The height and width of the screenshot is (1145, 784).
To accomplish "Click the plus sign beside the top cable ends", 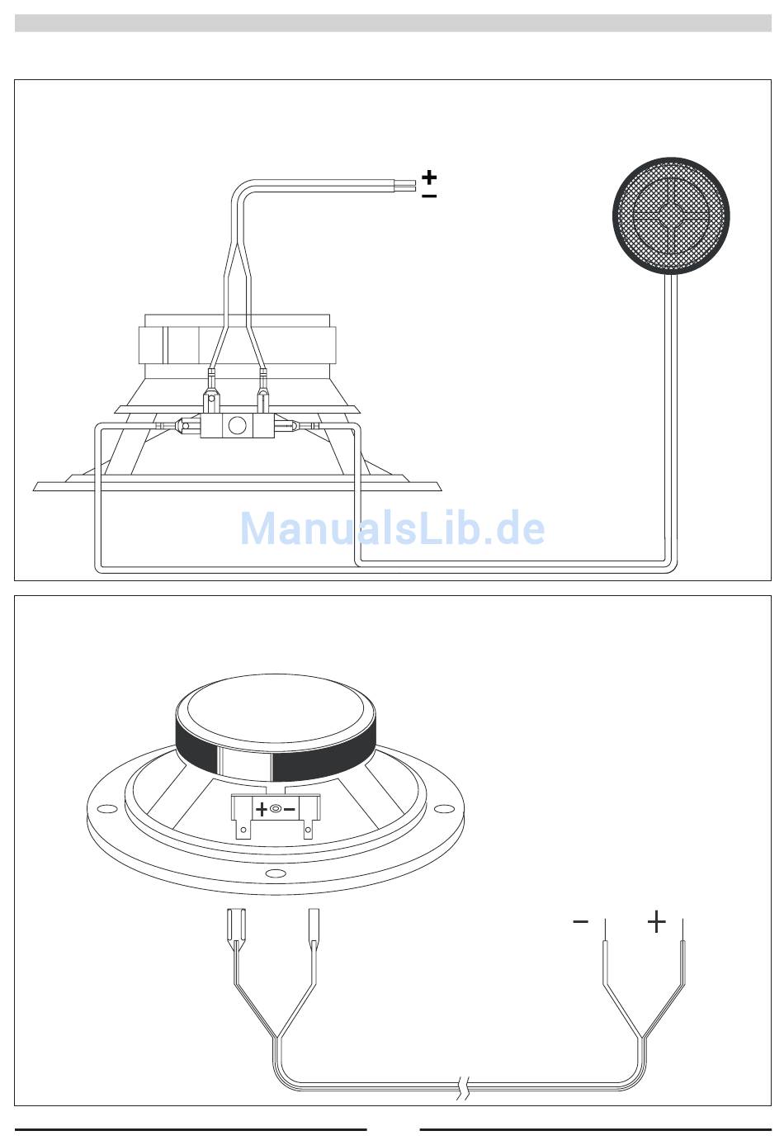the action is click(429, 177).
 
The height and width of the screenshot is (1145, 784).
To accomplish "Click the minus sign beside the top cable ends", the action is click(429, 196).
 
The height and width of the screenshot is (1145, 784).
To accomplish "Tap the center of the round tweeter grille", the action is click(671, 215).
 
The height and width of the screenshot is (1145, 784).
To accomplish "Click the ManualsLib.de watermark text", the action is click(392, 528).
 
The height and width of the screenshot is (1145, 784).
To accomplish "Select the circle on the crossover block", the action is click(237, 425).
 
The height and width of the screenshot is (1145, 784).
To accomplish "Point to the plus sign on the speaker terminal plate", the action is click(261, 810).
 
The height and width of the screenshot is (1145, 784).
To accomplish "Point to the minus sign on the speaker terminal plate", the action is click(290, 810).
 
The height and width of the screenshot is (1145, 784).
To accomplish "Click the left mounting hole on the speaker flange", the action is click(107, 809).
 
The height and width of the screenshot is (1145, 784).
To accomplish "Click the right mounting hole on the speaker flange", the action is click(444, 808).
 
